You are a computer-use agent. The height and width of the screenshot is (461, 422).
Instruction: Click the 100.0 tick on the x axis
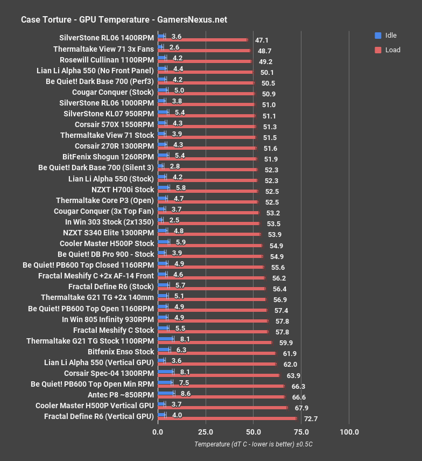349,432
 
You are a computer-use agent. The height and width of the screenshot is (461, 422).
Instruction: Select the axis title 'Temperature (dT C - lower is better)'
254,444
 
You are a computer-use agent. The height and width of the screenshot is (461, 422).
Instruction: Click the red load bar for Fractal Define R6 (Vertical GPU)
227,418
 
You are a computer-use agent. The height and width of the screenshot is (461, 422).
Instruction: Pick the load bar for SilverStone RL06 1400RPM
203,40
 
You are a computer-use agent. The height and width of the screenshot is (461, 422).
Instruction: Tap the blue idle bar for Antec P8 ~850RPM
166,394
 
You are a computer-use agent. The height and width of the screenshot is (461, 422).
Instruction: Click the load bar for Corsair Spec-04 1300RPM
219,375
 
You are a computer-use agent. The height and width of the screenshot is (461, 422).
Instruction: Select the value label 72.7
311,418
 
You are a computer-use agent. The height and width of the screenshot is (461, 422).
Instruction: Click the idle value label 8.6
186,394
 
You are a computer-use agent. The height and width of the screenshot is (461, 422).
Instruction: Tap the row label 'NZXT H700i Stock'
123,189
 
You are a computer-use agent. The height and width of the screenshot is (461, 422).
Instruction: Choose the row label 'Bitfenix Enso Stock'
121,351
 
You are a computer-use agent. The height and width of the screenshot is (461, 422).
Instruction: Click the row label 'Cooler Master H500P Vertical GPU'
95,405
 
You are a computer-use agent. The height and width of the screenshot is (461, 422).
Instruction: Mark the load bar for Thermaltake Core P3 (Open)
208,202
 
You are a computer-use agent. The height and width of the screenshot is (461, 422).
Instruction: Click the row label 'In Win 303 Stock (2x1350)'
109,221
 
